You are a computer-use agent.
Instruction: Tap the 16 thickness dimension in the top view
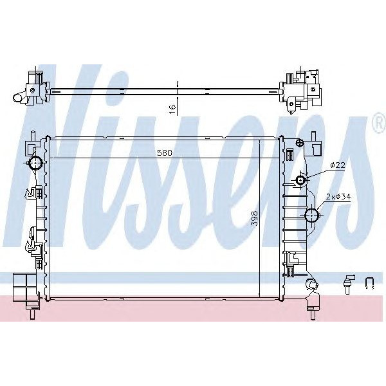172,109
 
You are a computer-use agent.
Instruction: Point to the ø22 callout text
338,165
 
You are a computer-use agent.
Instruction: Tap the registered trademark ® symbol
378,124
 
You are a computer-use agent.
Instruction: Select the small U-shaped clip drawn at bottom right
371,282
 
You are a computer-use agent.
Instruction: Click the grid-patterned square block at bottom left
23,284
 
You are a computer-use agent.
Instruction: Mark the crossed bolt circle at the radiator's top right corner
299,142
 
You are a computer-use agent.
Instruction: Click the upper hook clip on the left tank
32,191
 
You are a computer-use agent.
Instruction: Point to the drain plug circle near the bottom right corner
311,284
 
